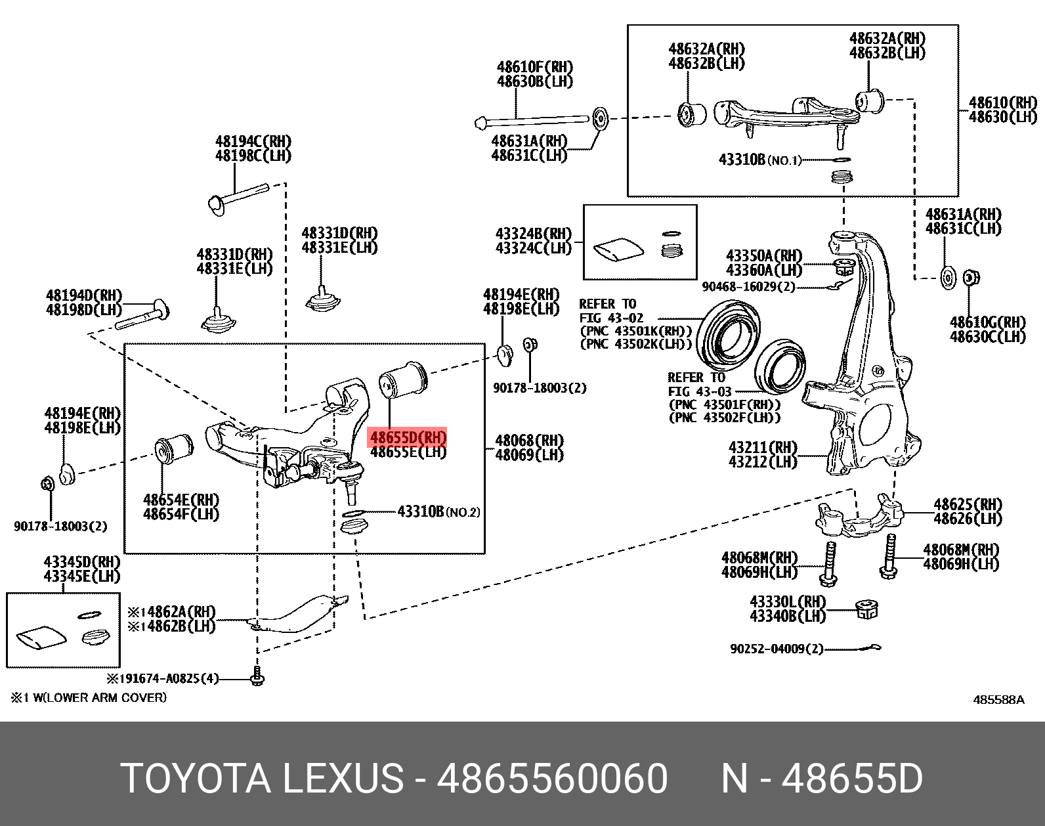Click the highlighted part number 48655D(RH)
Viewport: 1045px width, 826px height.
(x=407, y=437)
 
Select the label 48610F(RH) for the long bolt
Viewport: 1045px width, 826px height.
(x=534, y=67)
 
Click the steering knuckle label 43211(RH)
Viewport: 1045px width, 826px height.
(x=763, y=448)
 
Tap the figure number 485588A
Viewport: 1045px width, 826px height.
(x=998, y=700)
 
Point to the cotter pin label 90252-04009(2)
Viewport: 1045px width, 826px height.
(x=777, y=649)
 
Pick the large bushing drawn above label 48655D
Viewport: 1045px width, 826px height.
(x=403, y=379)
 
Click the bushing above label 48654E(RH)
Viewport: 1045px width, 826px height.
(x=173, y=450)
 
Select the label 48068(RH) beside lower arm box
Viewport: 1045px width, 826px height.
(x=529, y=440)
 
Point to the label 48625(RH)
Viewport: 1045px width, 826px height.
(x=968, y=504)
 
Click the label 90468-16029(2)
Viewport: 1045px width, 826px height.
(x=748, y=287)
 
